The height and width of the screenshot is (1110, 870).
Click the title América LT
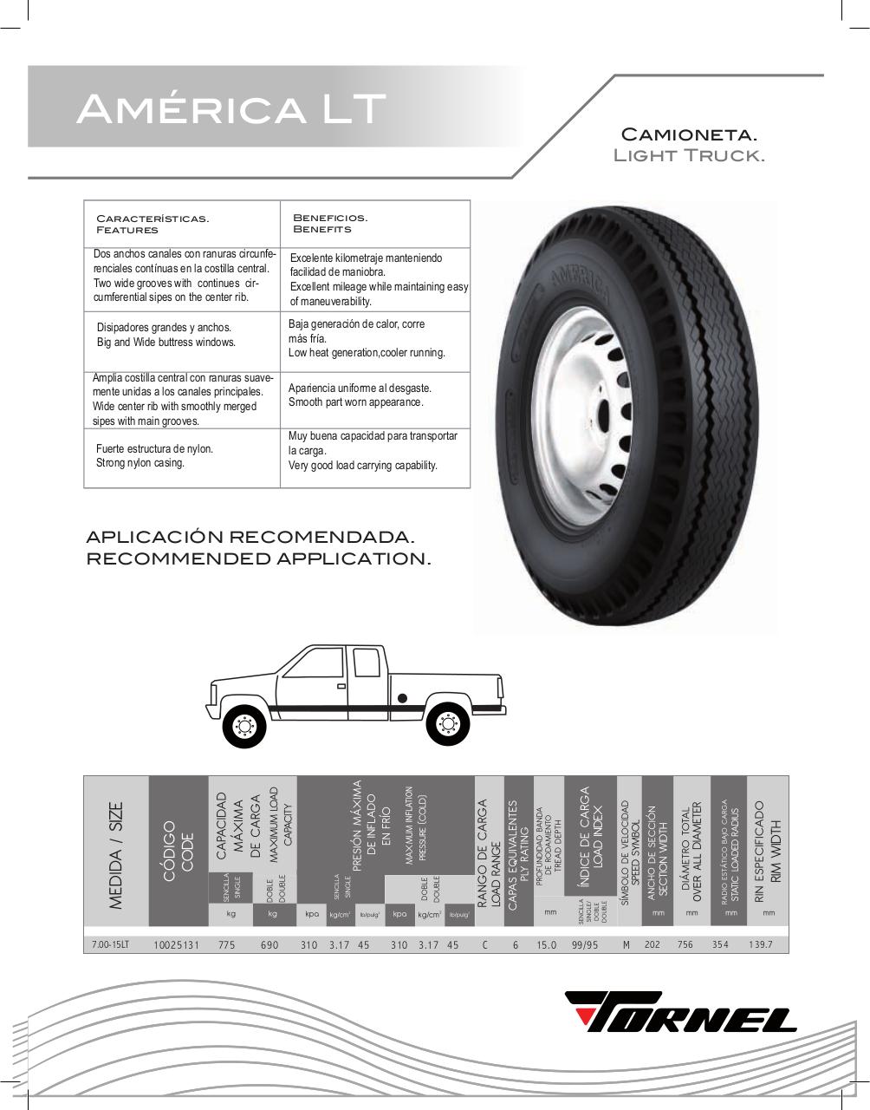tap(230, 109)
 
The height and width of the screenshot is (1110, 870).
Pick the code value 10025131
tap(176, 944)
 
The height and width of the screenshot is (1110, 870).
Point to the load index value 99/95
tap(586, 944)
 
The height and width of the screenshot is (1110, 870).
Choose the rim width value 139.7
tap(760, 944)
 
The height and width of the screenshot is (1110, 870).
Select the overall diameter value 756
tap(685, 944)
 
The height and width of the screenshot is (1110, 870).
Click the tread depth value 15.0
tap(546, 944)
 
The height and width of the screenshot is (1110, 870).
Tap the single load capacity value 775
tap(227, 944)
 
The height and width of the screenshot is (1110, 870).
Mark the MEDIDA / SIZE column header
tap(116, 855)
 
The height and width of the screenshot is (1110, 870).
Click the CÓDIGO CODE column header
tap(179, 855)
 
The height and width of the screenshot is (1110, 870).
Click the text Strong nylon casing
tap(140, 463)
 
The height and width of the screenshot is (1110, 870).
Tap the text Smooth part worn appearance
tap(356, 402)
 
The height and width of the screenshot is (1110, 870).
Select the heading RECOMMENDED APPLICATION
tap(258, 559)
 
